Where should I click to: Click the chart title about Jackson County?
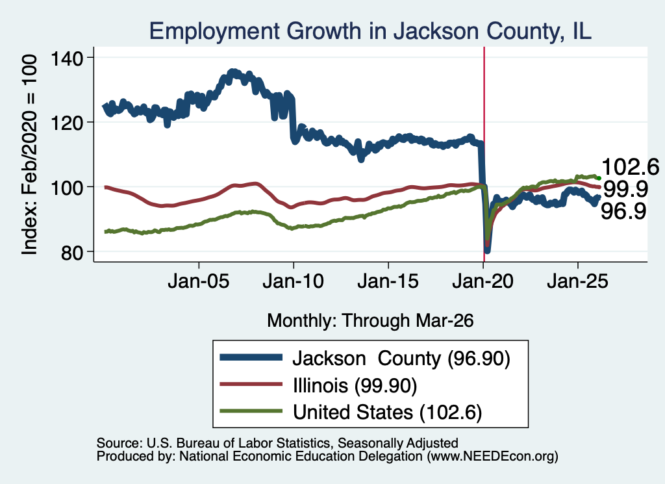click(x=370, y=31)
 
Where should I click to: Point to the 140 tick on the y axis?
click(x=67, y=58)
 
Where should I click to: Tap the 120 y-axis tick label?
click(x=67, y=123)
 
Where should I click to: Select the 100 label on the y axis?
click(x=67, y=188)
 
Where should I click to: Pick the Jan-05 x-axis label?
click(x=199, y=281)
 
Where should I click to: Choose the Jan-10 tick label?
click(x=293, y=281)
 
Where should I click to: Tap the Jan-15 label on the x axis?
click(x=388, y=281)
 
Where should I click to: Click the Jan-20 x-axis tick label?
click(x=483, y=281)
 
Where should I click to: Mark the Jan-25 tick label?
click(x=577, y=281)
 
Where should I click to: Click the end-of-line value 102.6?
click(x=630, y=167)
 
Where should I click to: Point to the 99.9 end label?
click(x=625, y=189)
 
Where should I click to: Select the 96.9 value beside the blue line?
click(x=623, y=211)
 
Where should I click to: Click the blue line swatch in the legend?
click(x=251, y=357)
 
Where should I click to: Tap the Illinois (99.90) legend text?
click(x=355, y=386)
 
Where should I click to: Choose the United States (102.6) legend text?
click(x=388, y=413)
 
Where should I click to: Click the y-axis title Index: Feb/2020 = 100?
click(x=29, y=155)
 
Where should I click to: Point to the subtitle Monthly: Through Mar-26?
click(x=370, y=321)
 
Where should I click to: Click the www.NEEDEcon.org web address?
click(x=492, y=457)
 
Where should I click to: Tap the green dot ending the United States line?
click(x=599, y=178)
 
